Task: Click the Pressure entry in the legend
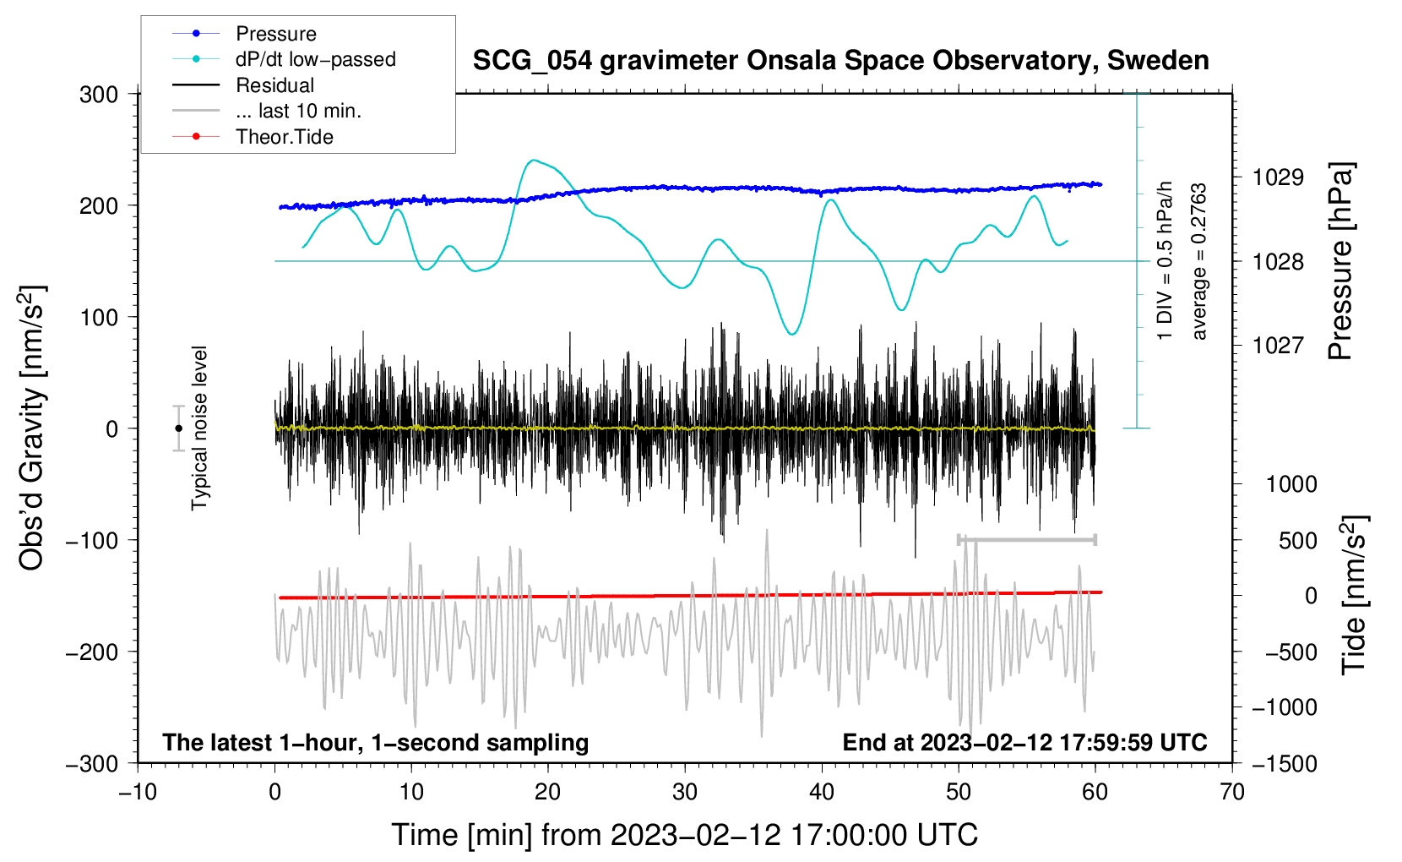tap(275, 34)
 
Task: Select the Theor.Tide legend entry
tap(284, 137)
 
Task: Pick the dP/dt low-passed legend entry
tap(315, 59)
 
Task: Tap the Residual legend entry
tap(274, 85)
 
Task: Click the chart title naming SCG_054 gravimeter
tap(840, 61)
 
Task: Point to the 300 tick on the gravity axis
tap(99, 95)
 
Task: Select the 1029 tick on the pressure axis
tap(1278, 177)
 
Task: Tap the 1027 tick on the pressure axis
tap(1278, 345)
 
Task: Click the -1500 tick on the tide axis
tap(1284, 763)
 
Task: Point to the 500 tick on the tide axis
tap(1297, 541)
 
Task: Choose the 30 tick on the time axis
tap(685, 792)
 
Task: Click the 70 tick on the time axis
tap(1232, 792)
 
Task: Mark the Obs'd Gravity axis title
tap(32, 428)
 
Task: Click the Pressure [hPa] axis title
tap(1340, 262)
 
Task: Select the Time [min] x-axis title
tap(684, 835)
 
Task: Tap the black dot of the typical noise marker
tap(178, 428)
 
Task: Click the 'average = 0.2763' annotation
tap(1199, 262)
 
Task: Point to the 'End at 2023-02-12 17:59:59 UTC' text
tap(1024, 742)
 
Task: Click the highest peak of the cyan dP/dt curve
tap(533, 160)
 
